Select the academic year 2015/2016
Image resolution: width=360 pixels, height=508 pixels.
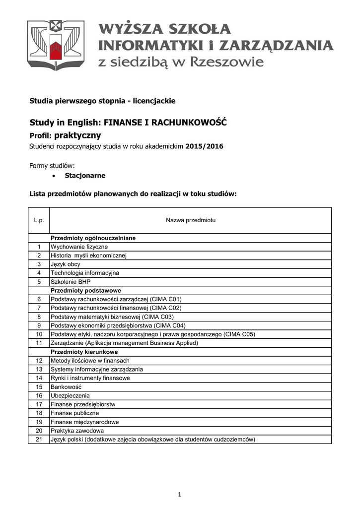[x=205, y=146]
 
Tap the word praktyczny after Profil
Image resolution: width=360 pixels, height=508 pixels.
[x=77, y=135]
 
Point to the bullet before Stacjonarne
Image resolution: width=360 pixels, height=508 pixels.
[x=53, y=176]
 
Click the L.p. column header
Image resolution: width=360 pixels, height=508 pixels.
[x=39, y=220]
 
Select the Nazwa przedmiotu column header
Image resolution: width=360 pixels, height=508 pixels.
[x=190, y=220]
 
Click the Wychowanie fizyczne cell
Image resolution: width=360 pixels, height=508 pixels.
[x=79, y=247]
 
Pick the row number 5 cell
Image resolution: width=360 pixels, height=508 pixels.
[x=39, y=282]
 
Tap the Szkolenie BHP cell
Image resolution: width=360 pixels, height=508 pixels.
[x=71, y=282]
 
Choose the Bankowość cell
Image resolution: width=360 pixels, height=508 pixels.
[x=66, y=387]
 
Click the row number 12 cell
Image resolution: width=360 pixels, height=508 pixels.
[x=39, y=361]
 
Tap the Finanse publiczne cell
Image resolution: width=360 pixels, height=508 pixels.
[x=75, y=413]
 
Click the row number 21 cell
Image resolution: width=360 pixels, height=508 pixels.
[x=39, y=440]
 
